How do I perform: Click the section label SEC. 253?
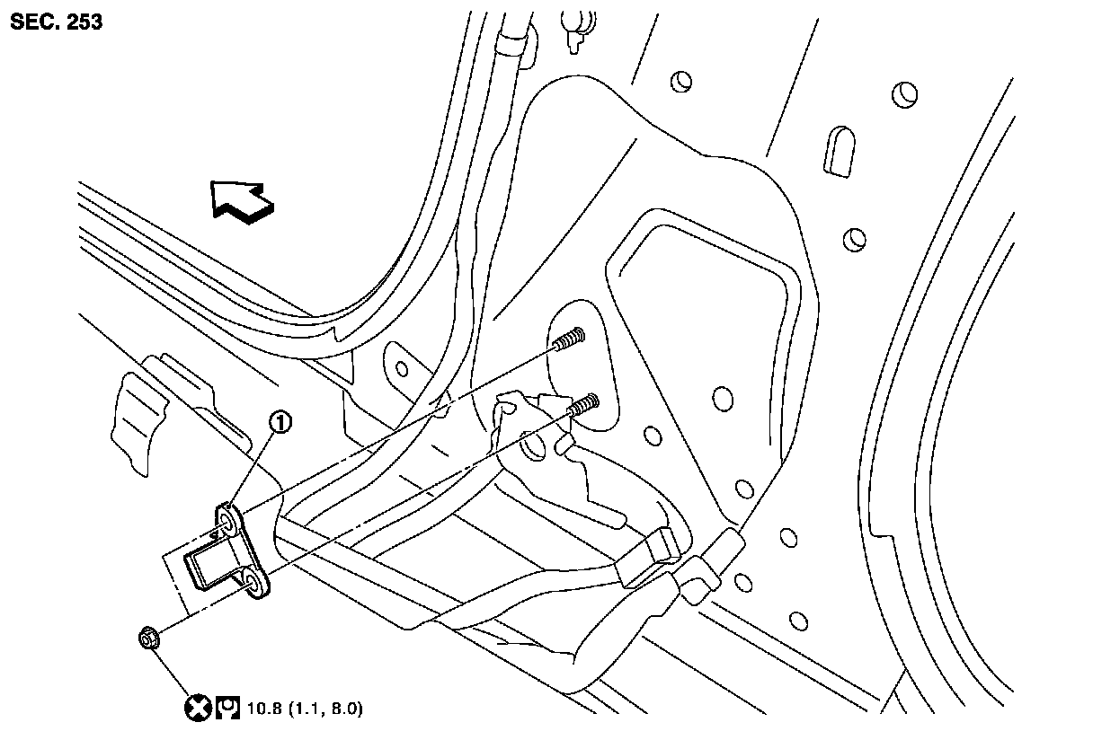tap(56, 22)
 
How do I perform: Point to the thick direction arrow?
tap(240, 198)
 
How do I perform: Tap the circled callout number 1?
tap(283, 421)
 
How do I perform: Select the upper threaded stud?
tap(569, 341)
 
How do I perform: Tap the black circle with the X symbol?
tap(197, 709)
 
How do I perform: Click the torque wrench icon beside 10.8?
tap(226, 709)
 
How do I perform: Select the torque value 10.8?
tap(262, 709)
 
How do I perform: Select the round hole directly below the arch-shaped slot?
tap(854, 239)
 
